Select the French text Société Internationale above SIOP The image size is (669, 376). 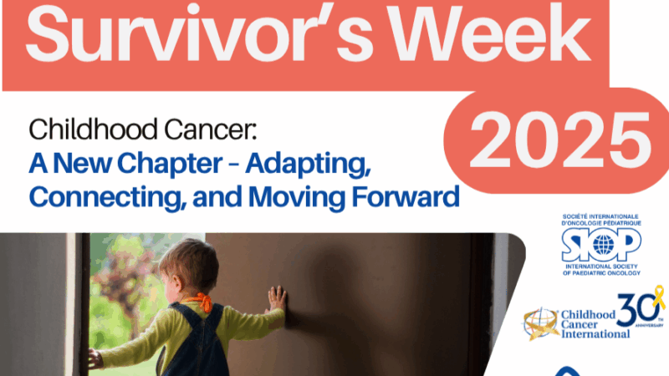click(601, 219)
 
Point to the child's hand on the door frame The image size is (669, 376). click(94, 358)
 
